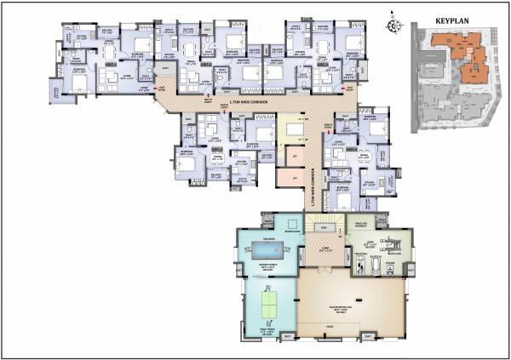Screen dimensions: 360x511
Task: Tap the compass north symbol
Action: tap(393, 25)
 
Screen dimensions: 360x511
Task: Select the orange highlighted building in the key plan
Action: tap(464, 54)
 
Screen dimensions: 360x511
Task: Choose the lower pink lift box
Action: tap(291, 178)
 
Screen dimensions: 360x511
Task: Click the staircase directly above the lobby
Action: tap(323, 223)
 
